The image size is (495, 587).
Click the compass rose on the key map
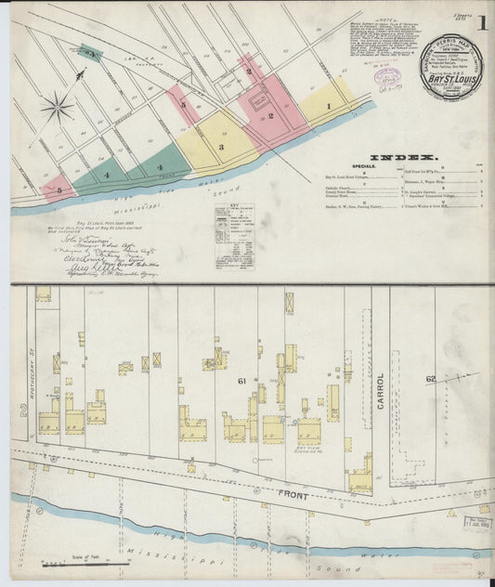click(58, 107)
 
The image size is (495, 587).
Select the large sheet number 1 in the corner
click(483, 24)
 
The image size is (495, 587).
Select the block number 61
click(241, 382)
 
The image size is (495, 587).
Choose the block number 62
click(430, 378)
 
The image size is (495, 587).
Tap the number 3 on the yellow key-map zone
click(221, 147)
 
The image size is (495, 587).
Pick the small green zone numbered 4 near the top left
click(90, 54)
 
